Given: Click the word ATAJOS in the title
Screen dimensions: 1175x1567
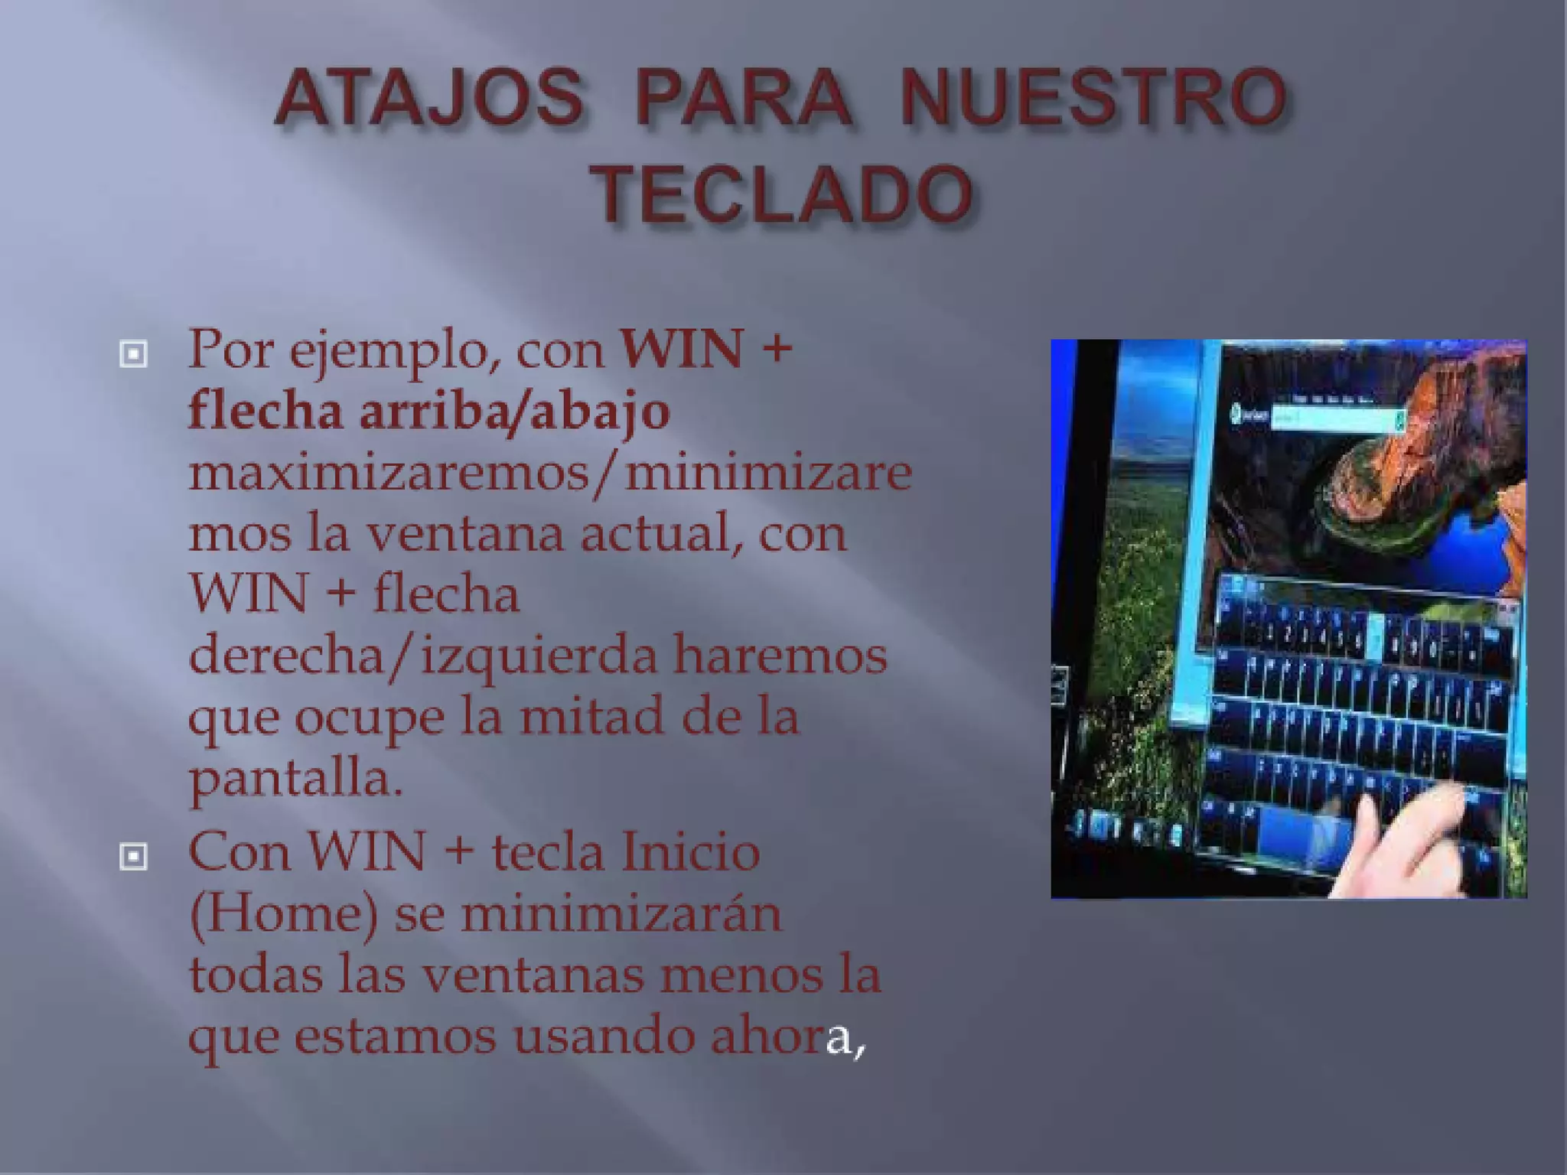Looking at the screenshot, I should coord(429,100).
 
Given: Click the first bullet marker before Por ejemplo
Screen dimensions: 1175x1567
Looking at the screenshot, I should coord(133,354).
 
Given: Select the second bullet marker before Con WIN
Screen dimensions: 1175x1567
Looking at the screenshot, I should coord(133,857).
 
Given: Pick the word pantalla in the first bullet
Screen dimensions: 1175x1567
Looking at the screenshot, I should coord(294,778).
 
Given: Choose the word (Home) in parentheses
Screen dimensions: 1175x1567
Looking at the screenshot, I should coord(283,913).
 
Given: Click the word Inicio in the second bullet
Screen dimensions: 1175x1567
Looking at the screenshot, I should coord(690,852).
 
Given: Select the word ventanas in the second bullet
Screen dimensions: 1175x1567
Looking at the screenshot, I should coord(532,975).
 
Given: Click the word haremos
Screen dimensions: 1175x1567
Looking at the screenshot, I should coord(780,656).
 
